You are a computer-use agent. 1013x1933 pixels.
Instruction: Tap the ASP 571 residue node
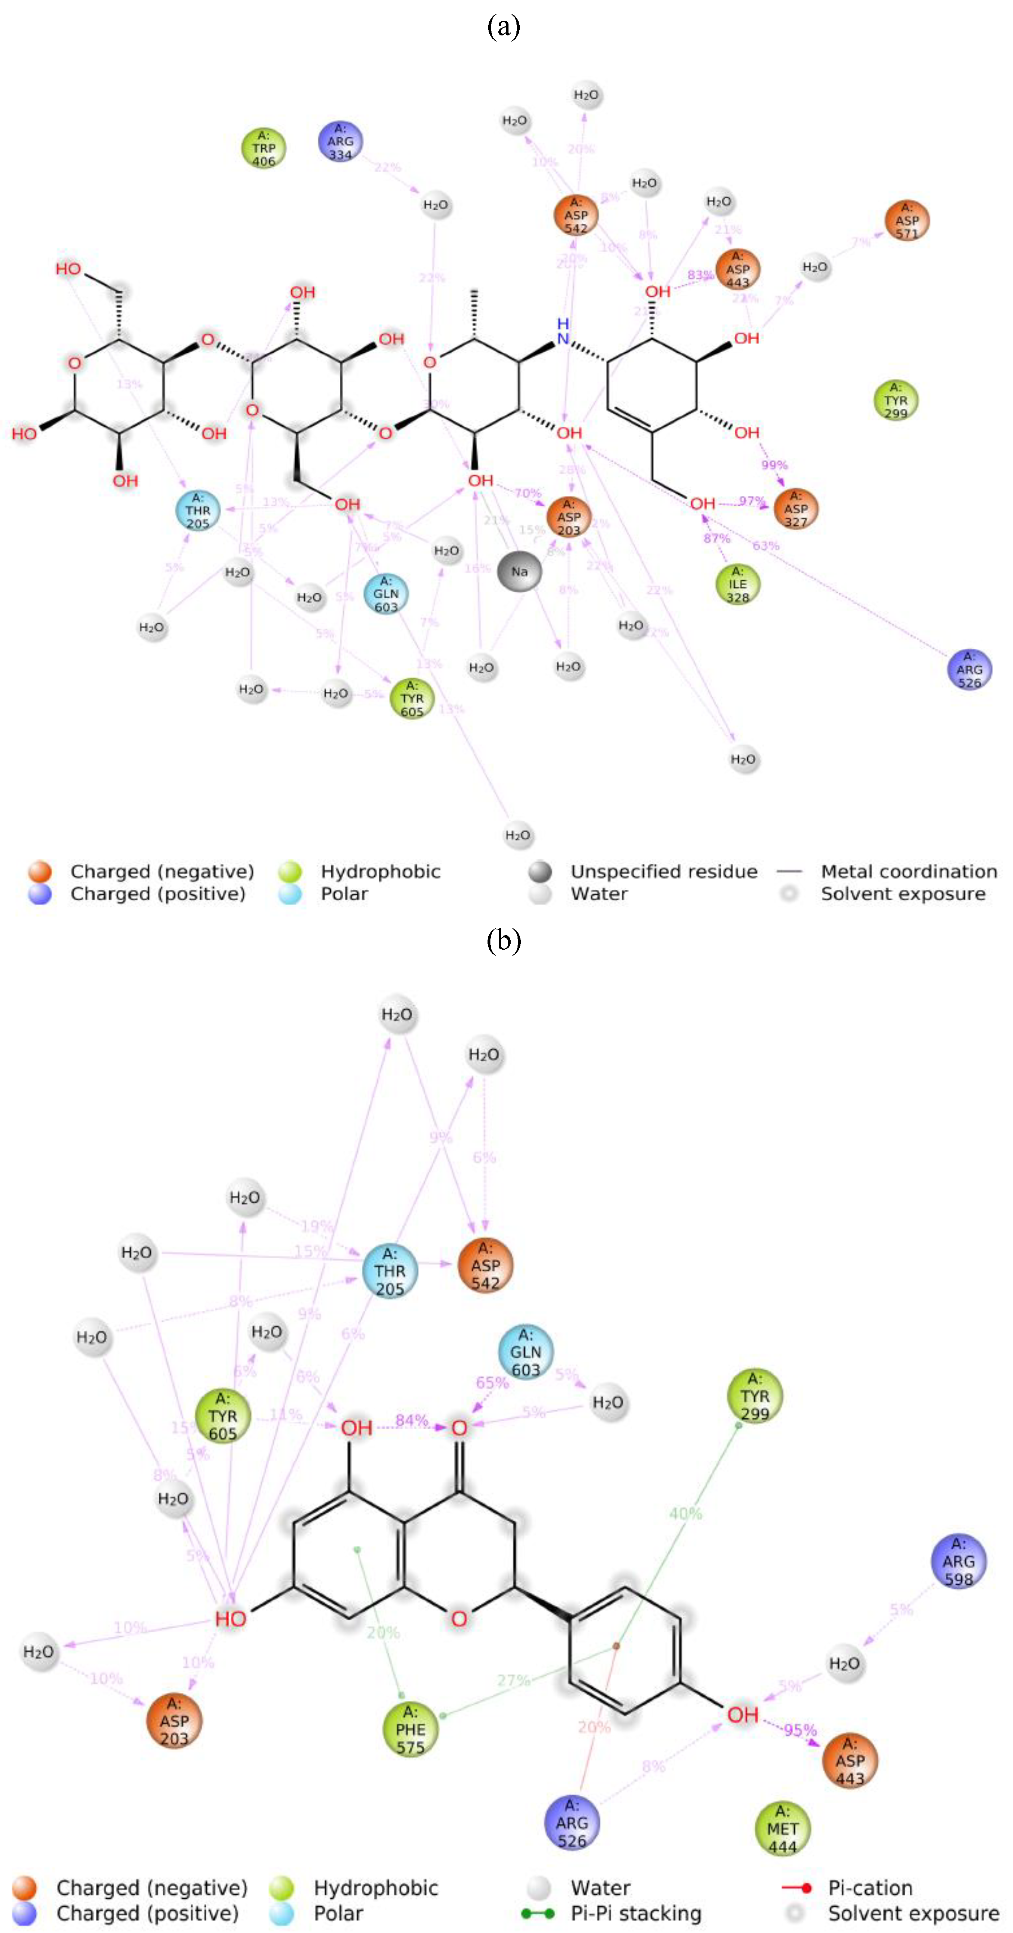point(906,220)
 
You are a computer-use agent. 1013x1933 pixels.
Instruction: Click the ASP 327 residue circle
point(795,509)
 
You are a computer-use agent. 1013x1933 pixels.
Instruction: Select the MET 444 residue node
point(782,1829)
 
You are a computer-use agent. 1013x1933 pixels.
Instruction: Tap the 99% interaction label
point(774,465)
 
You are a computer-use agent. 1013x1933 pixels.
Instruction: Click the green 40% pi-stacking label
point(685,1513)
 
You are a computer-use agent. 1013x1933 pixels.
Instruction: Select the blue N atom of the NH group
point(562,339)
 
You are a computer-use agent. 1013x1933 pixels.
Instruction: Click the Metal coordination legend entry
point(908,871)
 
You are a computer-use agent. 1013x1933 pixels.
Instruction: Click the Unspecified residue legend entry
point(663,871)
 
